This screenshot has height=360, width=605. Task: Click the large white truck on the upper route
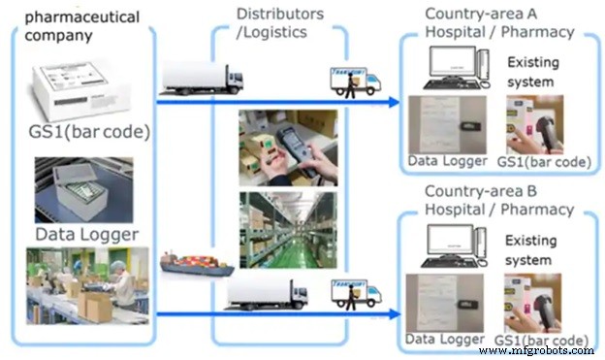(199, 79)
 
